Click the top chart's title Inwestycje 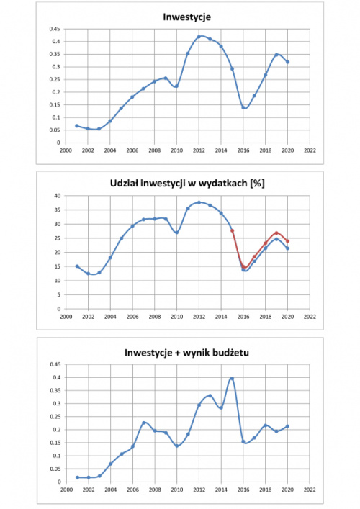pos(186,17)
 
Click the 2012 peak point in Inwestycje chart pos(199,36)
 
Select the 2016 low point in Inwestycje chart pos(243,107)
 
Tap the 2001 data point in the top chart pos(77,125)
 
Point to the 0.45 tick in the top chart pos(55,29)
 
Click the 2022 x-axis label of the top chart pos(310,150)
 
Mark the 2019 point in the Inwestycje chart pos(276,55)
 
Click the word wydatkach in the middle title pos(222,184)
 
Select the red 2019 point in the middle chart pos(276,233)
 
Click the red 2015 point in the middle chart pos(232,230)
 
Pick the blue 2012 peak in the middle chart pos(199,202)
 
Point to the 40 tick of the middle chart pos(58,196)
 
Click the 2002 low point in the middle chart pos(88,274)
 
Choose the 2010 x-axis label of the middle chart pos(177,317)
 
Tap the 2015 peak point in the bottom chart pos(232,379)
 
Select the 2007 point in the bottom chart pos(144,423)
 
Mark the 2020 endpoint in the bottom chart pos(287,426)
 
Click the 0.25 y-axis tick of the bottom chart pos(55,416)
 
